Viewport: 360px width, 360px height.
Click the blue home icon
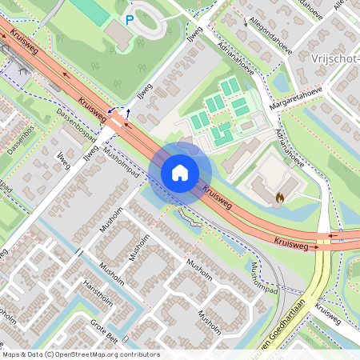(180, 173)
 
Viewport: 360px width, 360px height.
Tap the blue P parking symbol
(128, 19)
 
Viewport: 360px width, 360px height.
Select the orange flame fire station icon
(279, 195)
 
